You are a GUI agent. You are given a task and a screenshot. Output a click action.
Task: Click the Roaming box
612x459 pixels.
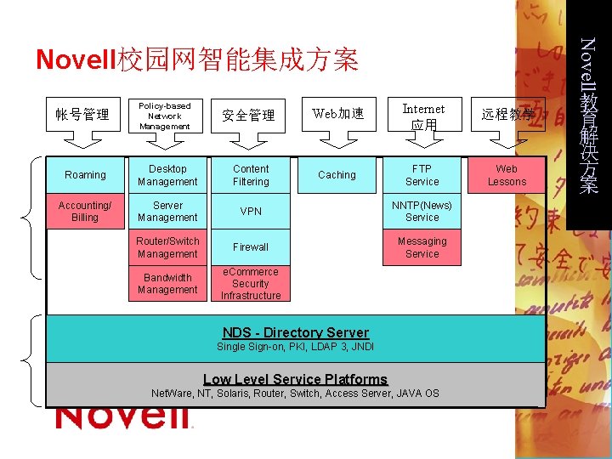(x=85, y=175)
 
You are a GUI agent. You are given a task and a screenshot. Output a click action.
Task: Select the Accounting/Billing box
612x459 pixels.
(x=85, y=211)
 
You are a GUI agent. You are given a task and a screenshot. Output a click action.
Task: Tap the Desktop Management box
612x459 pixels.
(x=167, y=175)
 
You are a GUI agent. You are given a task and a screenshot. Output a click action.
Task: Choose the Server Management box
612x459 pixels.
(x=167, y=211)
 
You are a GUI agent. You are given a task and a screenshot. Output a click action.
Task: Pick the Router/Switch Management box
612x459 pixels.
(x=167, y=247)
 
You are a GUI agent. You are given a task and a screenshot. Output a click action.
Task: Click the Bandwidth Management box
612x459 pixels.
(x=167, y=283)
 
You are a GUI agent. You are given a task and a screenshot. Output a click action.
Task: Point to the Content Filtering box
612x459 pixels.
(x=251, y=175)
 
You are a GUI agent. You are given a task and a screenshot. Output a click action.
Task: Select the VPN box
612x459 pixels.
(x=251, y=211)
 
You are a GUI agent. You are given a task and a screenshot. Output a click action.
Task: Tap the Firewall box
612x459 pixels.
(x=251, y=247)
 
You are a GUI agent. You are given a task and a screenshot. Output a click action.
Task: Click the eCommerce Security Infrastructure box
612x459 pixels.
(x=251, y=284)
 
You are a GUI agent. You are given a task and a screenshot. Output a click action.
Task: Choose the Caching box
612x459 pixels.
(x=337, y=175)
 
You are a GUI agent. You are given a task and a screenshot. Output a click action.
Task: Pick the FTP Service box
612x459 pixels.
(x=422, y=175)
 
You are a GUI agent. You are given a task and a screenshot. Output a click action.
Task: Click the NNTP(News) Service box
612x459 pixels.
(x=422, y=211)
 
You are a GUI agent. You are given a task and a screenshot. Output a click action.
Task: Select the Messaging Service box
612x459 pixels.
(x=422, y=247)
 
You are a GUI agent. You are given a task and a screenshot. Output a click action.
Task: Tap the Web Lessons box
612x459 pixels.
(x=507, y=175)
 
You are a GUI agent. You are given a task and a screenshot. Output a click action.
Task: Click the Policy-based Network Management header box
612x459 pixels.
(x=165, y=116)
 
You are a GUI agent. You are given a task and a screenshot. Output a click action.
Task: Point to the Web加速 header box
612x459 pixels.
(x=337, y=114)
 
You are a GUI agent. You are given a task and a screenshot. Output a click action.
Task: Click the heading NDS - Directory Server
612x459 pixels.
(x=295, y=332)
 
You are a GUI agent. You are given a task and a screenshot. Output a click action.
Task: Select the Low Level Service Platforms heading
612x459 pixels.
(x=295, y=379)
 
